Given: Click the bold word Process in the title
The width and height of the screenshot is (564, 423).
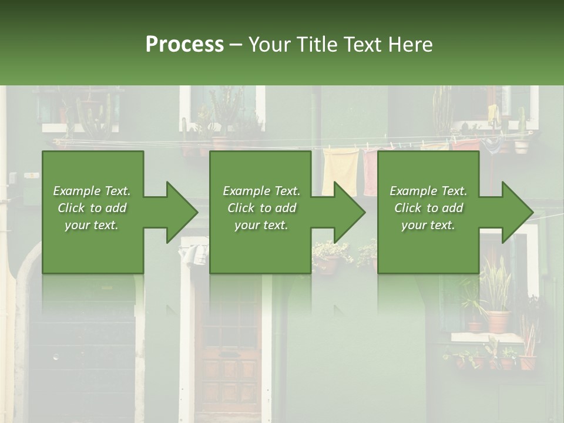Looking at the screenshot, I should pos(184,44).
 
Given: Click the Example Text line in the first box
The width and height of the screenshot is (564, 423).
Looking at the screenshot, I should pos(92,191).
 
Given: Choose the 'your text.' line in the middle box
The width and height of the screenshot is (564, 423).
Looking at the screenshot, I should pos(261,225).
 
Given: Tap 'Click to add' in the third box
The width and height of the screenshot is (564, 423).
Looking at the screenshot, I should pos(428,208).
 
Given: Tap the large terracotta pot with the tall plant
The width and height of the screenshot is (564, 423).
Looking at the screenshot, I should pos(498,321).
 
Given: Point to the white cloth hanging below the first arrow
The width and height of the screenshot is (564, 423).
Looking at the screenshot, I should pos(194,254).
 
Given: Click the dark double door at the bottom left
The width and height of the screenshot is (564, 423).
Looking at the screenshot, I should pos(82,358).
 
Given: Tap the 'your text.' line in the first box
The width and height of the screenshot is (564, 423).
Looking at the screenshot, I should pos(92,225).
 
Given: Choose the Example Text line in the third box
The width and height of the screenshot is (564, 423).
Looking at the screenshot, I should pos(428,191).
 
